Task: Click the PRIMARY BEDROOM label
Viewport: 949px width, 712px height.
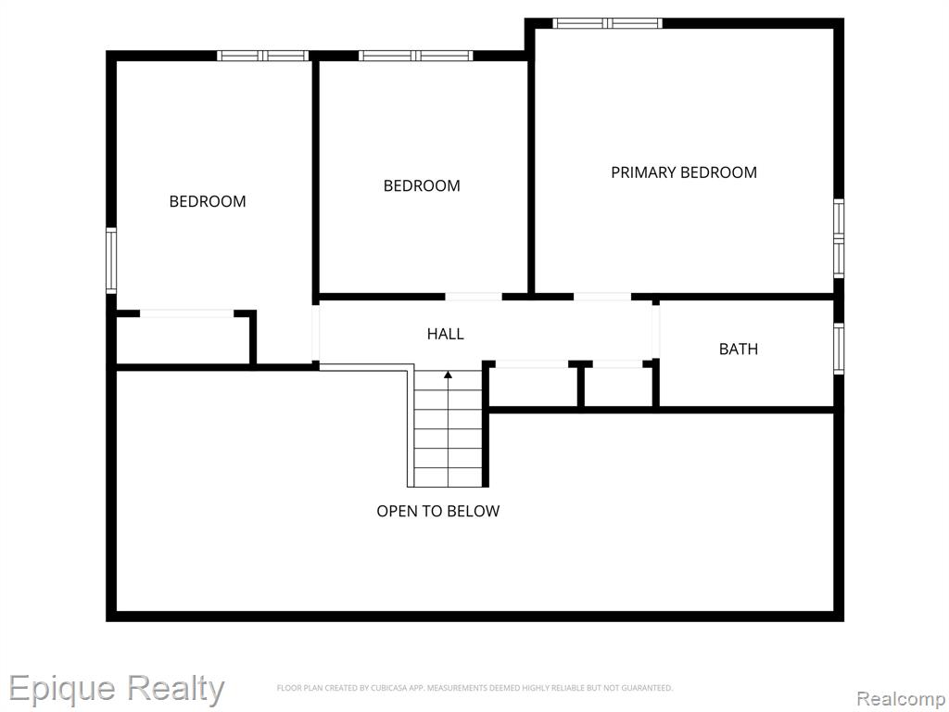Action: (684, 172)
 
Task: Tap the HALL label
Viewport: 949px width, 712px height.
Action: (446, 334)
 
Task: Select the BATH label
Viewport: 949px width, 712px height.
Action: (739, 349)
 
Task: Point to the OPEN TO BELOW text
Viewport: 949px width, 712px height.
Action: (438, 511)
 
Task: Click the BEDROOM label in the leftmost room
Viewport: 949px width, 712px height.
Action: (208, 201)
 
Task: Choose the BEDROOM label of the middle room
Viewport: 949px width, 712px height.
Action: (422, 185)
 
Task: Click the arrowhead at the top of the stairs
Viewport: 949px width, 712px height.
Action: (448, 375)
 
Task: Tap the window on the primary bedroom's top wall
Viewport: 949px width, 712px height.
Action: (607, 23)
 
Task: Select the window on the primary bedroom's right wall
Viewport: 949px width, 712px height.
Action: (838, 238)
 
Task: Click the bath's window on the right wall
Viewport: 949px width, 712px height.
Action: (838, 349)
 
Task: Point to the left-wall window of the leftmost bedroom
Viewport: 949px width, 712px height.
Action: (111, 261)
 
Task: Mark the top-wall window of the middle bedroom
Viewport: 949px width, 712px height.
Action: (416, 56)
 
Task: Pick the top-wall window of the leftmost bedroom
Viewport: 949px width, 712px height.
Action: (263, 56)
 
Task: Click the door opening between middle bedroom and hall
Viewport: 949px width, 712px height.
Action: (474, 297)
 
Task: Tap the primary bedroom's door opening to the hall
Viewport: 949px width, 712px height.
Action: (602, 297)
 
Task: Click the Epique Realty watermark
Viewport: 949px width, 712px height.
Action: (116, 689)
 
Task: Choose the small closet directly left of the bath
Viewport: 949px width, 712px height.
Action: (618, 387)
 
